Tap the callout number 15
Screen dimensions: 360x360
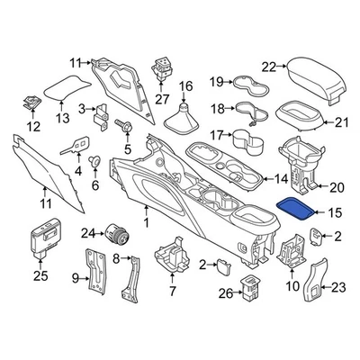[x=334, y=213]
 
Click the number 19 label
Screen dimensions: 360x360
[x=216, y=83]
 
